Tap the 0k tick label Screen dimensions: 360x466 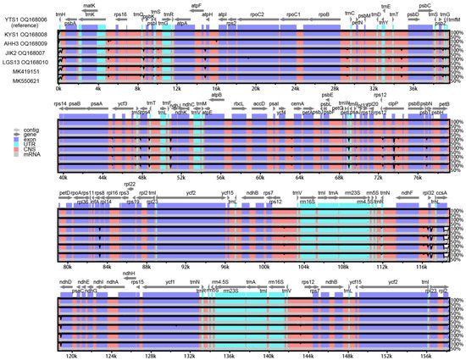pyautogui.click(x=58, y=87)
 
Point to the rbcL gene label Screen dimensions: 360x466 pyautogui.click(x=239, y=103)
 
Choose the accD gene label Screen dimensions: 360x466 pyautogui.click(x=259, y=103)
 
